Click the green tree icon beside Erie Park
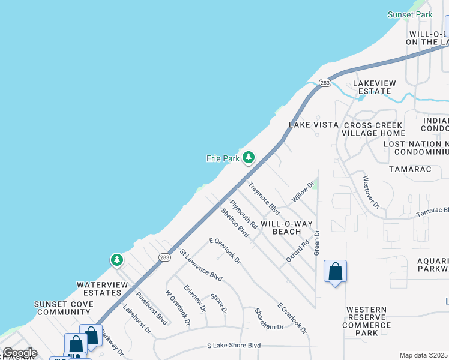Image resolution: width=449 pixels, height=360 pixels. (x=248, y=158)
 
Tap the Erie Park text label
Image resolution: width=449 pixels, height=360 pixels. (x=223, y=158)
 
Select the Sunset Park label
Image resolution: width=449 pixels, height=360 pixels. (x=410, y=14)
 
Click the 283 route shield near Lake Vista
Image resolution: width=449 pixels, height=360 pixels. (x=325, y=83)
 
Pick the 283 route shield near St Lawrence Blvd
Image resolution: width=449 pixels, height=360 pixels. (x=164, y=257)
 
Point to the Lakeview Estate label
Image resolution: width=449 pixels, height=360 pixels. (x=372, y=86)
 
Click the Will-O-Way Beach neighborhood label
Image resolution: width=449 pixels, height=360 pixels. (x=286, y=227)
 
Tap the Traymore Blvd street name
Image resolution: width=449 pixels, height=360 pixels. (x=264, y=199)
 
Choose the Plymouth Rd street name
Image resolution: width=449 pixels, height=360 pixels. (x=244, y=214)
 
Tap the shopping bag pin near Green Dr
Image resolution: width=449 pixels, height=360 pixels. (x=335, y=271)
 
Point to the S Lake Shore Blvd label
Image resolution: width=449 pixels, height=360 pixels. (x=234, y=346)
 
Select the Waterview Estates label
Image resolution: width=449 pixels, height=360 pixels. (x=99, y=289)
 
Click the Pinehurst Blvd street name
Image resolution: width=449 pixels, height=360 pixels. (x=151, y=308)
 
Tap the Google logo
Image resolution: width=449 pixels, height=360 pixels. (x=20, y=353)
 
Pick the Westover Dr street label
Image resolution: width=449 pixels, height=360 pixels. (x=371, y=192)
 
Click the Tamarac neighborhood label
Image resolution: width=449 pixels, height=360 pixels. (x=410, y=170)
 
